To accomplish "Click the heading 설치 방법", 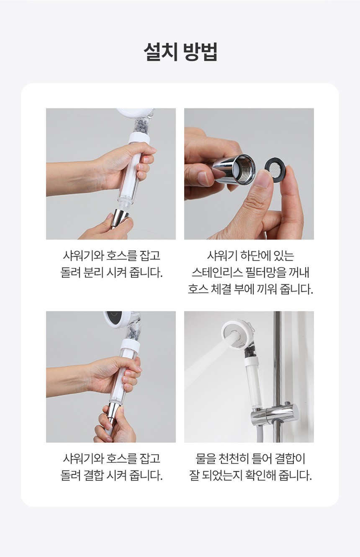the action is tap(180, 52).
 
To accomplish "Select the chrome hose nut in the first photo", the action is tap(120, 219).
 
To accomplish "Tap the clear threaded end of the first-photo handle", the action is tap(126, 202).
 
